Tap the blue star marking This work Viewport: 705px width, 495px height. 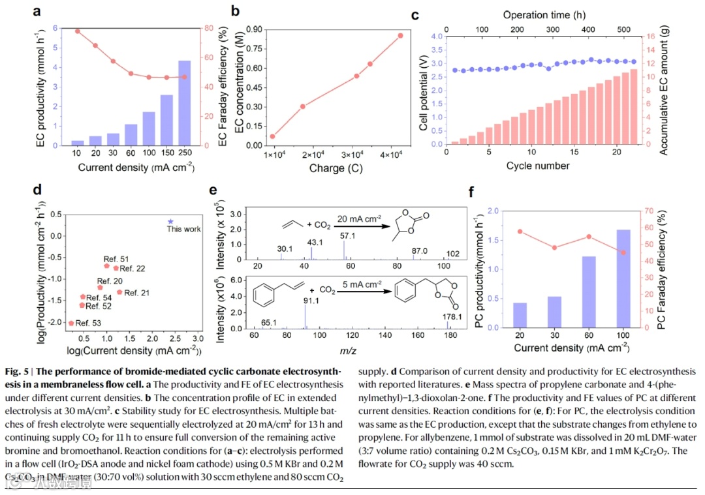pyautogui.click(x=171, y=222)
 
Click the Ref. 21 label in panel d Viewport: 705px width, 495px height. pyautogui.click(x=136, y=293)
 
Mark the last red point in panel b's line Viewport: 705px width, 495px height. pyautogui.click(x=401, y=35)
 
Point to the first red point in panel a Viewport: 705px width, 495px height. pyautogui.click(x=78, y=31)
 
